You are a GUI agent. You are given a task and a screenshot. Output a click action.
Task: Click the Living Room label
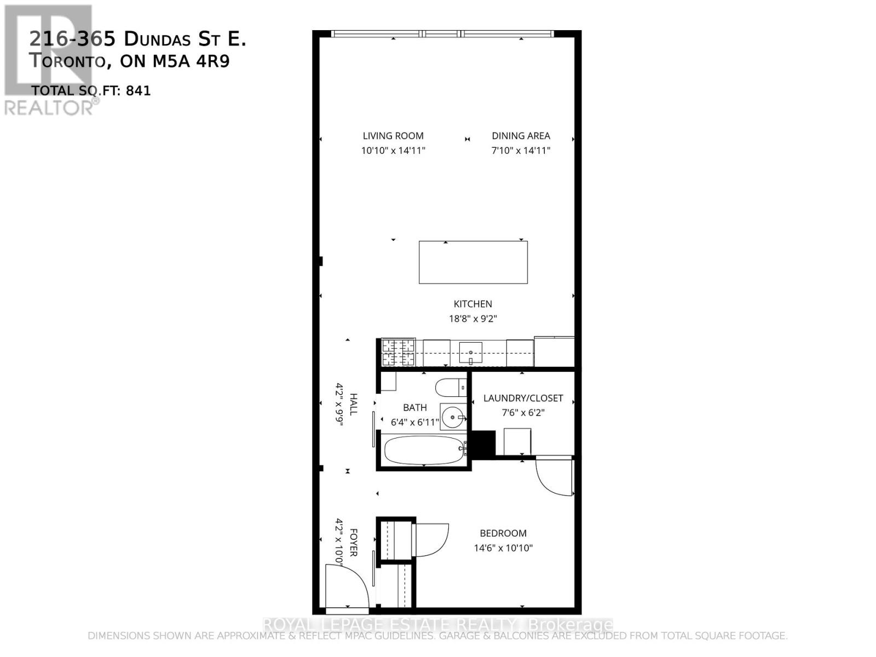click(x=393, y=136)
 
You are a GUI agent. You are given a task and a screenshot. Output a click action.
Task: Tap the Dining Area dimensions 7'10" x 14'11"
click(x=521, y=150)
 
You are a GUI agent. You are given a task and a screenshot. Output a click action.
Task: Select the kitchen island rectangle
click(x=473, y=262)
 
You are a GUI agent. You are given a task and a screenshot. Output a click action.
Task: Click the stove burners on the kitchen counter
click(x=398, y=353)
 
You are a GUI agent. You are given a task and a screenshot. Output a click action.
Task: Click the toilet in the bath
click(x=450, y=388)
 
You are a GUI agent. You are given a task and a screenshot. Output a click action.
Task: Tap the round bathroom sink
click(x=453, y=418)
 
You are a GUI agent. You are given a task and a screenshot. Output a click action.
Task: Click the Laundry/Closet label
click(x=523, y=398)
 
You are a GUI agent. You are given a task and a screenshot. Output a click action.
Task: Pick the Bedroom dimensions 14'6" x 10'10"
click(x=503, y=547)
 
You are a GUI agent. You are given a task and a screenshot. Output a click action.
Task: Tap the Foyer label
click(x=354, y=543)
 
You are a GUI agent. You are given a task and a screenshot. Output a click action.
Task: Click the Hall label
click(x=354, y=404)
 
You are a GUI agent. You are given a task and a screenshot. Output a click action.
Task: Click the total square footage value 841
click(x=138, y=91)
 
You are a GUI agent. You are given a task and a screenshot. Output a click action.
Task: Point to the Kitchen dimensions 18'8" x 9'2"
click(x=472, y=319)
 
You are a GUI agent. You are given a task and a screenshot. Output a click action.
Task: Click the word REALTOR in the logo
click(x=49, y=107)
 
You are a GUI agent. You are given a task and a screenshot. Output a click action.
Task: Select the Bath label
click(x=414, y=407)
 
